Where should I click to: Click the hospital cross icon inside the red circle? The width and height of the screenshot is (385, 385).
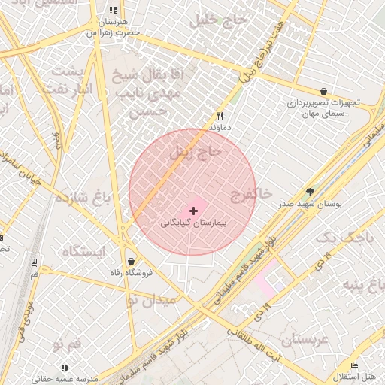195,210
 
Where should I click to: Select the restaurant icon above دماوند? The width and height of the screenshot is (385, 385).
220,117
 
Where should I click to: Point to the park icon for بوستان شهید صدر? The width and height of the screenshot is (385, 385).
311,192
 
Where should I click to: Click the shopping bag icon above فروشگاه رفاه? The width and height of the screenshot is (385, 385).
132,261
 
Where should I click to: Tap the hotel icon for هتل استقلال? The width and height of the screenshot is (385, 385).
355,366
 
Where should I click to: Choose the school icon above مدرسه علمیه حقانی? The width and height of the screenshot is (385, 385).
65,368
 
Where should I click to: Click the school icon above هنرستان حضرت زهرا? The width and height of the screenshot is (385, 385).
113,11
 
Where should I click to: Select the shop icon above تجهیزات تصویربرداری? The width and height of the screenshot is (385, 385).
323,91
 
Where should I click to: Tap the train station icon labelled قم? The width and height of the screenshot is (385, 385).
34,262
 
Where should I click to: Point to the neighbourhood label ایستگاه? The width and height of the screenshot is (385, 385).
83,250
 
